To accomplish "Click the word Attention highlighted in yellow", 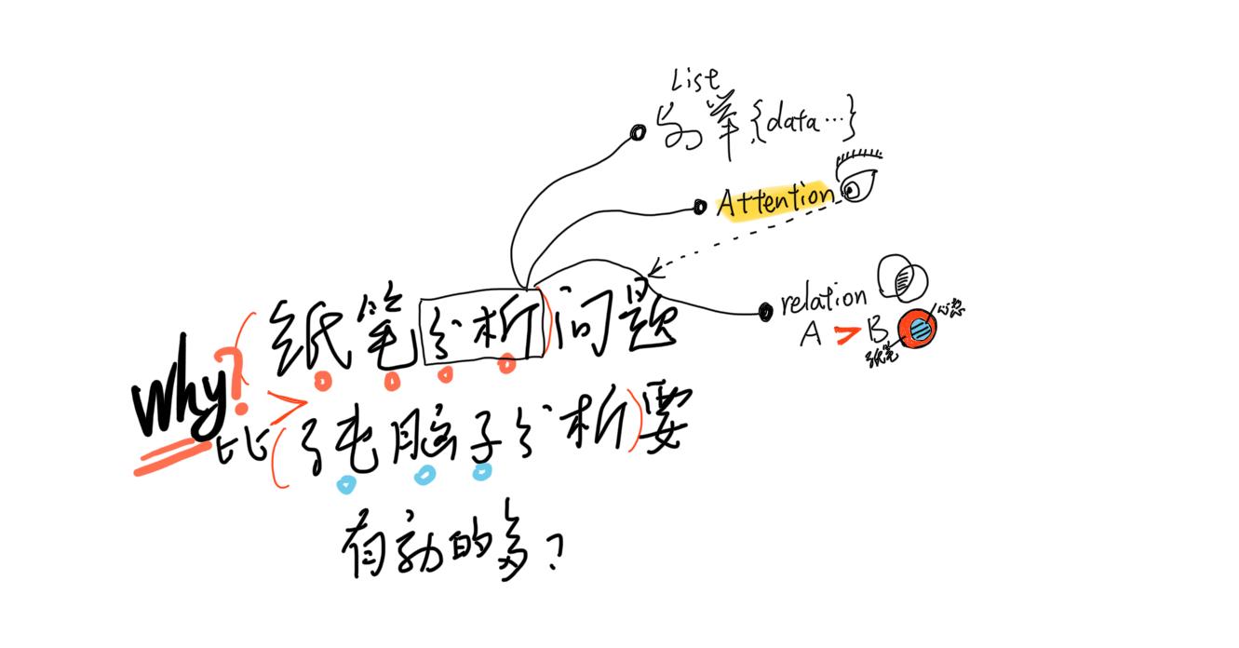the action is tap(774, 198).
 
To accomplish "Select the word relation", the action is tap(824, 300).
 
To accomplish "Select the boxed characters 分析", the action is tap(482, 330).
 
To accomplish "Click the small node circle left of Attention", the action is tap(700, 207).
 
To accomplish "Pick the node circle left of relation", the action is tap(765, 311).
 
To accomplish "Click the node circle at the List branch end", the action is tap(638, 133).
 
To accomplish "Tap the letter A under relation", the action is tap(811, 334).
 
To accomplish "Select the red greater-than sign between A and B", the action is tap(846, 335).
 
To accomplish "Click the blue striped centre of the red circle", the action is tap(917, 328).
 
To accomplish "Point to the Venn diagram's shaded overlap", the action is tap(902, 277).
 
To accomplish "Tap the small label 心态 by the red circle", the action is tap(950, 308).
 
